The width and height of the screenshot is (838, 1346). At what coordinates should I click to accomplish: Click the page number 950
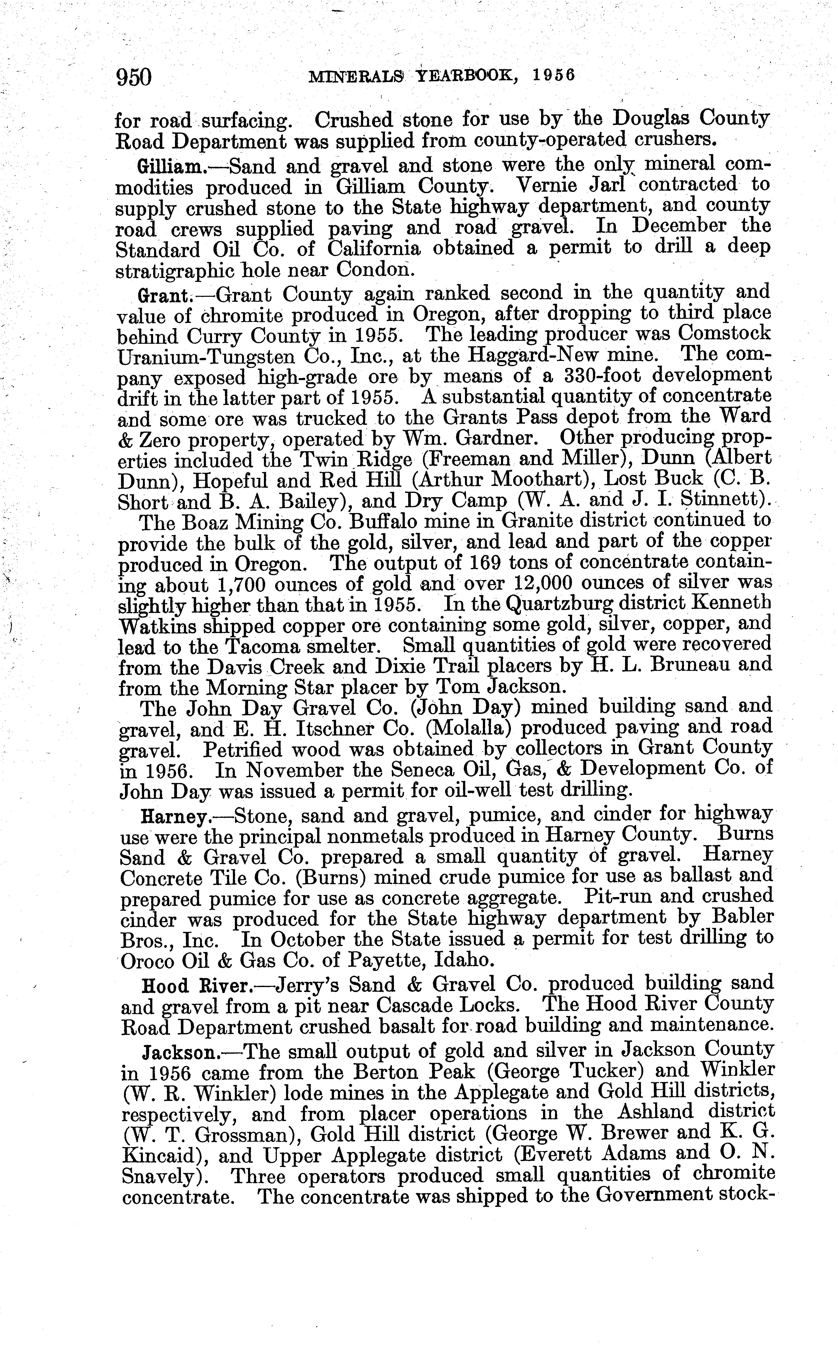[x=133, y=77]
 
